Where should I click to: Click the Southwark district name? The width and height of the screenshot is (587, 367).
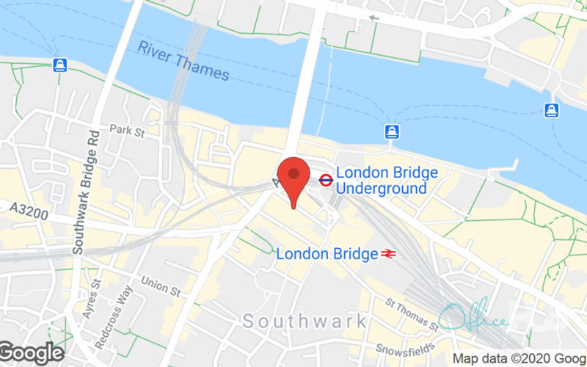click(305, 321)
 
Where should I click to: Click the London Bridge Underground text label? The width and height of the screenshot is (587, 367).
click(381, 182)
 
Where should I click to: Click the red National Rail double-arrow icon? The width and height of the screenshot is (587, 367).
click(389, 254)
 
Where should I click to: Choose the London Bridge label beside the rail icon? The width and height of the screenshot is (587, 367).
click(326, 254)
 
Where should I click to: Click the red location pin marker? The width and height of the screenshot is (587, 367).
click(293, 181)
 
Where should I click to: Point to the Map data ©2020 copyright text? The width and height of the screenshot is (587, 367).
click(518, 359)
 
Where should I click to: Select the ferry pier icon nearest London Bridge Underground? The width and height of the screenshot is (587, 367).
click(393, 131)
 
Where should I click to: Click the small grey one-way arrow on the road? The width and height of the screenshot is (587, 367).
click(374, 17)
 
